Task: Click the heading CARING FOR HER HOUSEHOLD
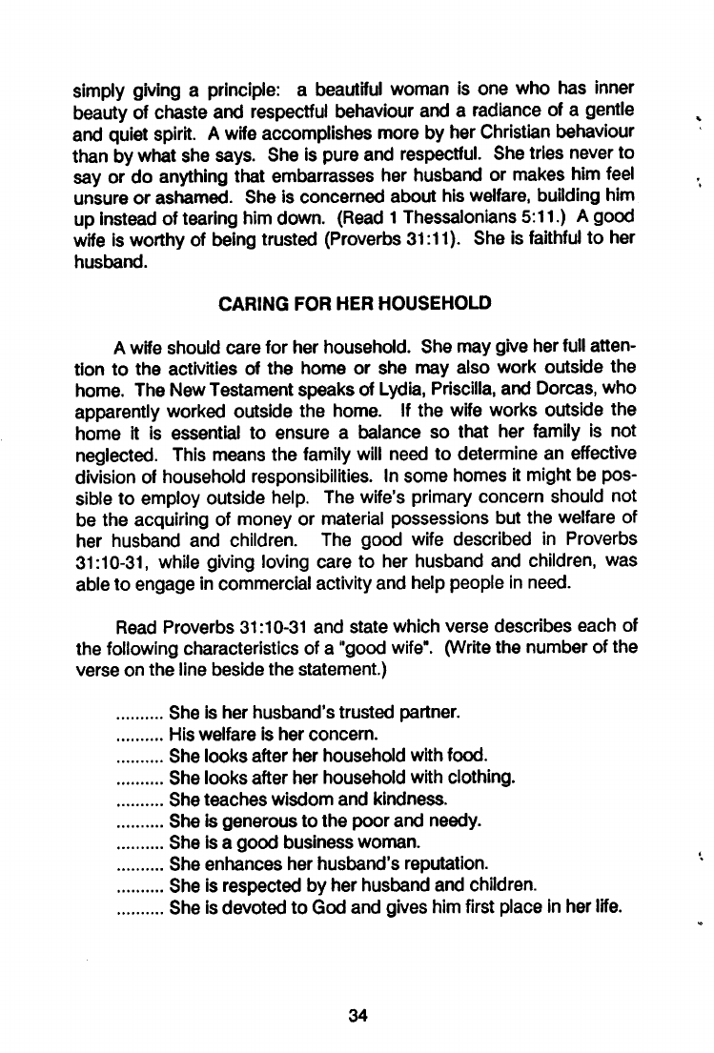(356, 304)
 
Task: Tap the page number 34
(357, 1015)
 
